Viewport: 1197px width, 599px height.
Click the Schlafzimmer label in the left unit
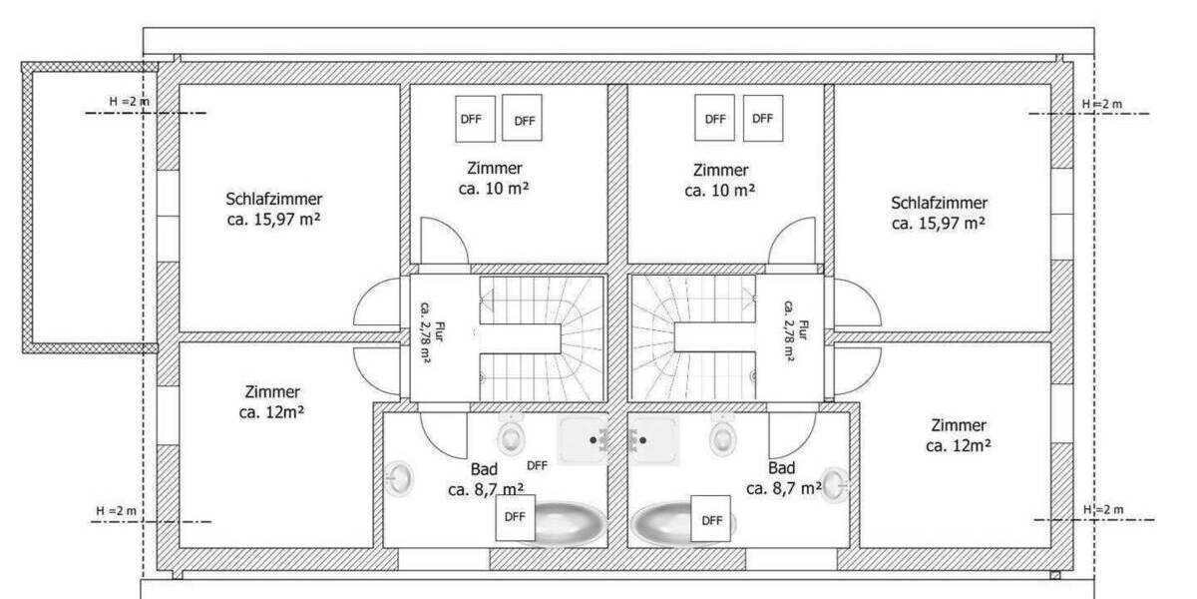[273, 199]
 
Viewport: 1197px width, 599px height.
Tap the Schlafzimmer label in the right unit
[939, 203]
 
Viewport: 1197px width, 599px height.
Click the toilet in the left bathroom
[511, 435]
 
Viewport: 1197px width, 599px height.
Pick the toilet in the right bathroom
[722, 435]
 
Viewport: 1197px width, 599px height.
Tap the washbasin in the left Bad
[399, 478]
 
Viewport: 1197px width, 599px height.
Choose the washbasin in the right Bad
[835, 484]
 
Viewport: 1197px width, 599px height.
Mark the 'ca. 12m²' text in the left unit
[271, 412]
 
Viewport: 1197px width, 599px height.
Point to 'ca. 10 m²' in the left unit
[494, 189]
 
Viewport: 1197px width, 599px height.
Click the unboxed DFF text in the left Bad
[537, 466]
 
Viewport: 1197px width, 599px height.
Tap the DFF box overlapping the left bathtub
[515, 517]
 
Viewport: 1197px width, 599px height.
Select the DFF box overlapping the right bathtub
[710, 519]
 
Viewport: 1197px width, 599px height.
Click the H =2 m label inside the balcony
[130, 101]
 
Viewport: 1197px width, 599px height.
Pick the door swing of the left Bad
[443, 434]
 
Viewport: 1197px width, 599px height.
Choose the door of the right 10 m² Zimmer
[792, 241]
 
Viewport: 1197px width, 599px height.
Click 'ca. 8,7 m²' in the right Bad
[784, 489]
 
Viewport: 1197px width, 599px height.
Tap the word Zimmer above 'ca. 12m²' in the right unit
[959, 425]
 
